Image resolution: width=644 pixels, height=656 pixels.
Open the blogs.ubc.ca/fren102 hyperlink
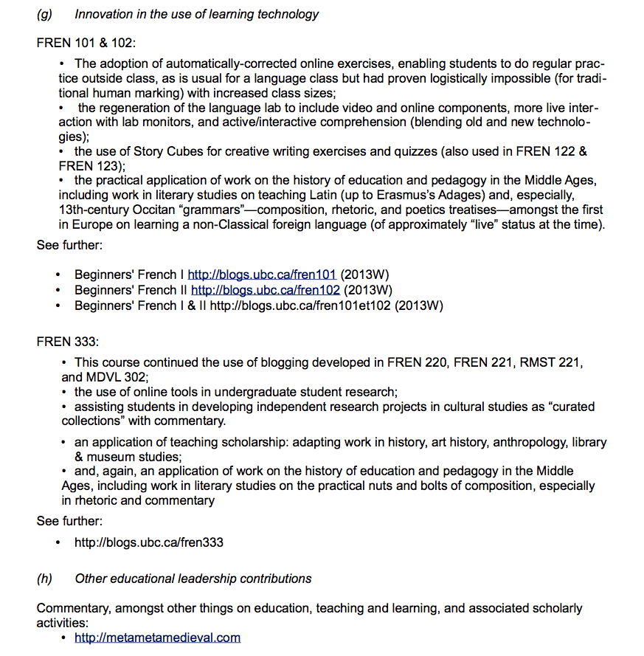pos(265,289)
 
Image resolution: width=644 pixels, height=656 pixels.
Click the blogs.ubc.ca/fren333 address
pos(148,542)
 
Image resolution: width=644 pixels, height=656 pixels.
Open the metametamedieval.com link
pos(157,638)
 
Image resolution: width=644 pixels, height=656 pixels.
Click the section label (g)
pos(44,14)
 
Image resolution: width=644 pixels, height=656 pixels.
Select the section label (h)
pos(44,579)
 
